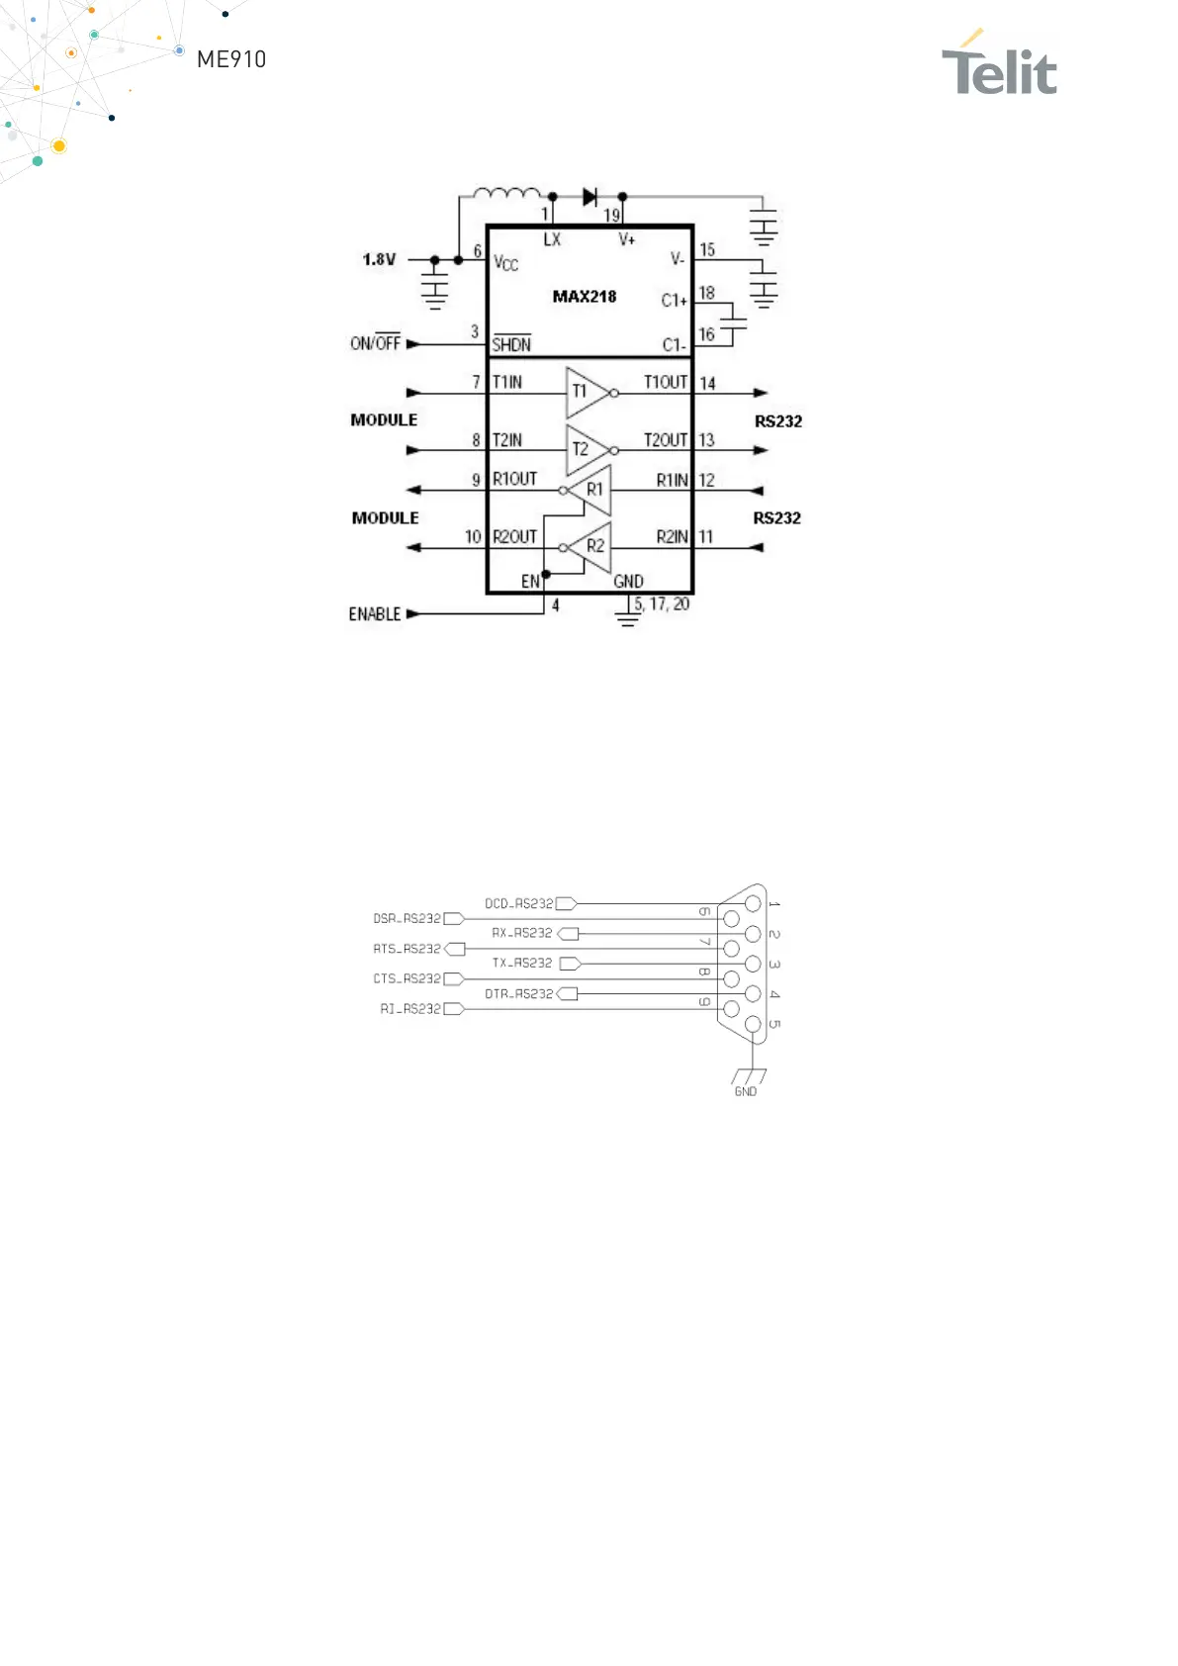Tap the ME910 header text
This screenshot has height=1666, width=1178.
coord(231,59)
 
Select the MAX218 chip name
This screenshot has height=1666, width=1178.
coord(584,296)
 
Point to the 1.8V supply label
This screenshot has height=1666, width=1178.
coord(379,259)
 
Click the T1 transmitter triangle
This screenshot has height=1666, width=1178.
coord(586,393)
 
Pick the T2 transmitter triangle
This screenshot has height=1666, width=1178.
coord(586,450)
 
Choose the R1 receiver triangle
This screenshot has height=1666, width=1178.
coord(591,490)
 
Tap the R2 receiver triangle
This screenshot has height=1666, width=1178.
coord(591,547)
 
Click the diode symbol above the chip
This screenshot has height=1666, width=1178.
coord(590,197)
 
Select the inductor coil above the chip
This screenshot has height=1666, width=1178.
coord(506,193)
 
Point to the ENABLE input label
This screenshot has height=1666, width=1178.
coord(375,614)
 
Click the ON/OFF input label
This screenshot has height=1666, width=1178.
coord(375,343)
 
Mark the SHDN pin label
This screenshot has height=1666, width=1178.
coord(511,344)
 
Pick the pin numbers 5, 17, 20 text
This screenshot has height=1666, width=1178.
coord(662,603)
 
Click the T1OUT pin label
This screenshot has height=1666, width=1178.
coord(665,383)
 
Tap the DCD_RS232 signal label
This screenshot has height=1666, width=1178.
coord(518,903)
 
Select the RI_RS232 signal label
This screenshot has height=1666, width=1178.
coord(410,1009)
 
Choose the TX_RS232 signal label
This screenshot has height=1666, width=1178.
coord(522,963)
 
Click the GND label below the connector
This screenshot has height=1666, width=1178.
coord(746,1091)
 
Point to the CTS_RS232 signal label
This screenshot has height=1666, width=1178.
coord(407,978)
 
